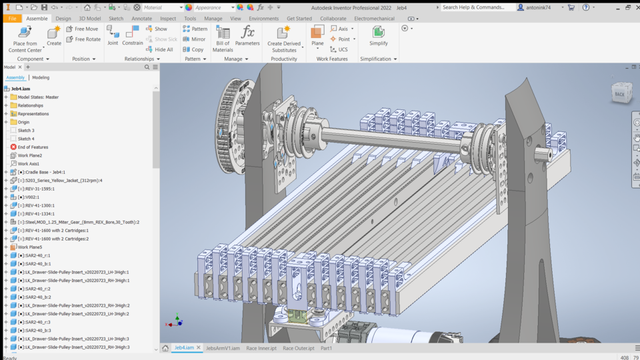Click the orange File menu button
[x=12, y=19]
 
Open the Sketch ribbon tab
[x=115, y=19]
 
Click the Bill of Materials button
[x=223, y=39]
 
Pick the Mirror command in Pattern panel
[x=195, y=39]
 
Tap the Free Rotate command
[x=83, y=39]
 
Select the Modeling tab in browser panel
[x=41, y=77]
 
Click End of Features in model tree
[x=33, y=147]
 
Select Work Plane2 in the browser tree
[x=29, y=155]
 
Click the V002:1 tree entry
[x=29, y=197]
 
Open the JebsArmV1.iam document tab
[x=223, y=348]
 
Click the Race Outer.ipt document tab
[x=298, y=348]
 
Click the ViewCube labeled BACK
[x=621, y=93]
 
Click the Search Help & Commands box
[x=477, y=7]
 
